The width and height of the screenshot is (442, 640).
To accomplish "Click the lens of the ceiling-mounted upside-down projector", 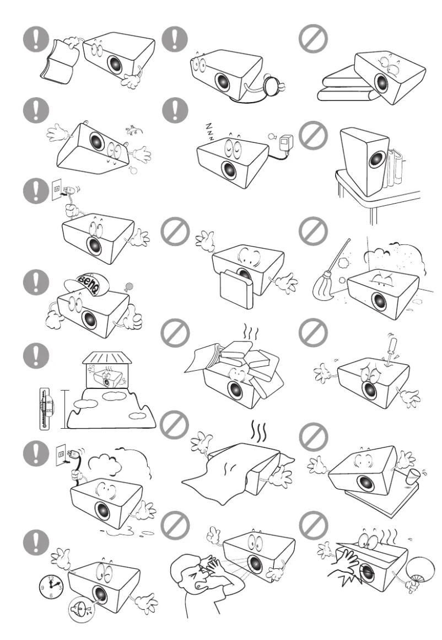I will (x=89, y=142).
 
